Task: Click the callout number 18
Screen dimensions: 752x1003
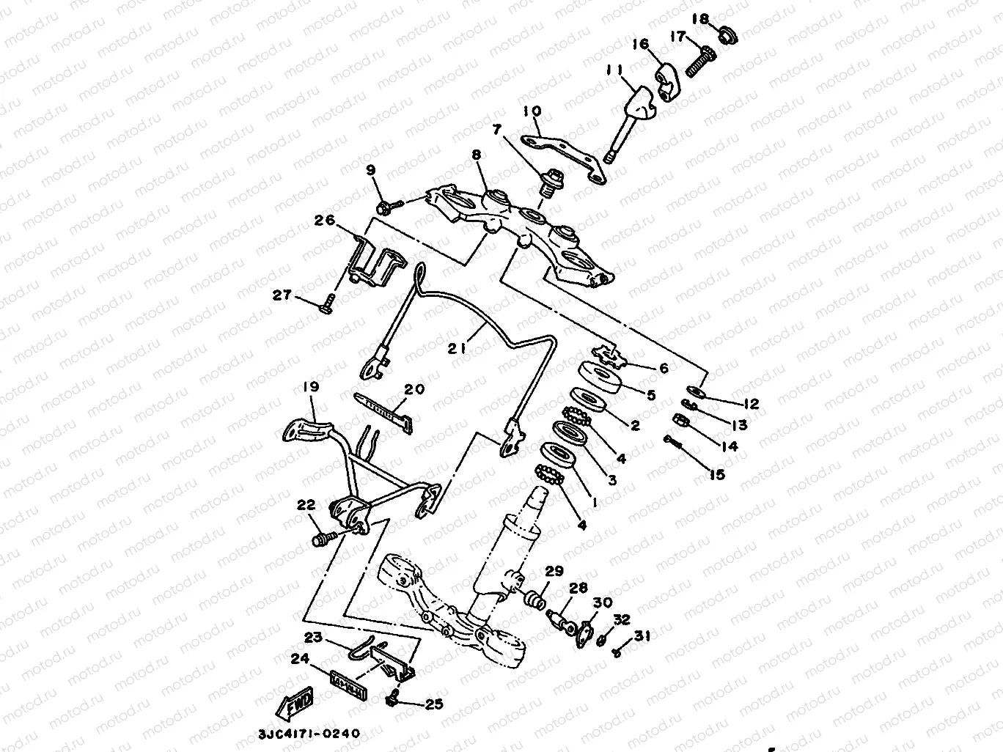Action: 700,18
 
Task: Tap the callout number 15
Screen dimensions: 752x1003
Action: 716,475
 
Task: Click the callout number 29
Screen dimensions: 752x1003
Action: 553,572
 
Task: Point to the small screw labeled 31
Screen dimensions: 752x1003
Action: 617,650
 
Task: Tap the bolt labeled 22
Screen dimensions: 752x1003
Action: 322,541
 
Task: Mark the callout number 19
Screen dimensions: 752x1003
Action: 307,386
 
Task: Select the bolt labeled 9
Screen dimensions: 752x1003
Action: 385,208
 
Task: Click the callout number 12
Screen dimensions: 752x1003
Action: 750,404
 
